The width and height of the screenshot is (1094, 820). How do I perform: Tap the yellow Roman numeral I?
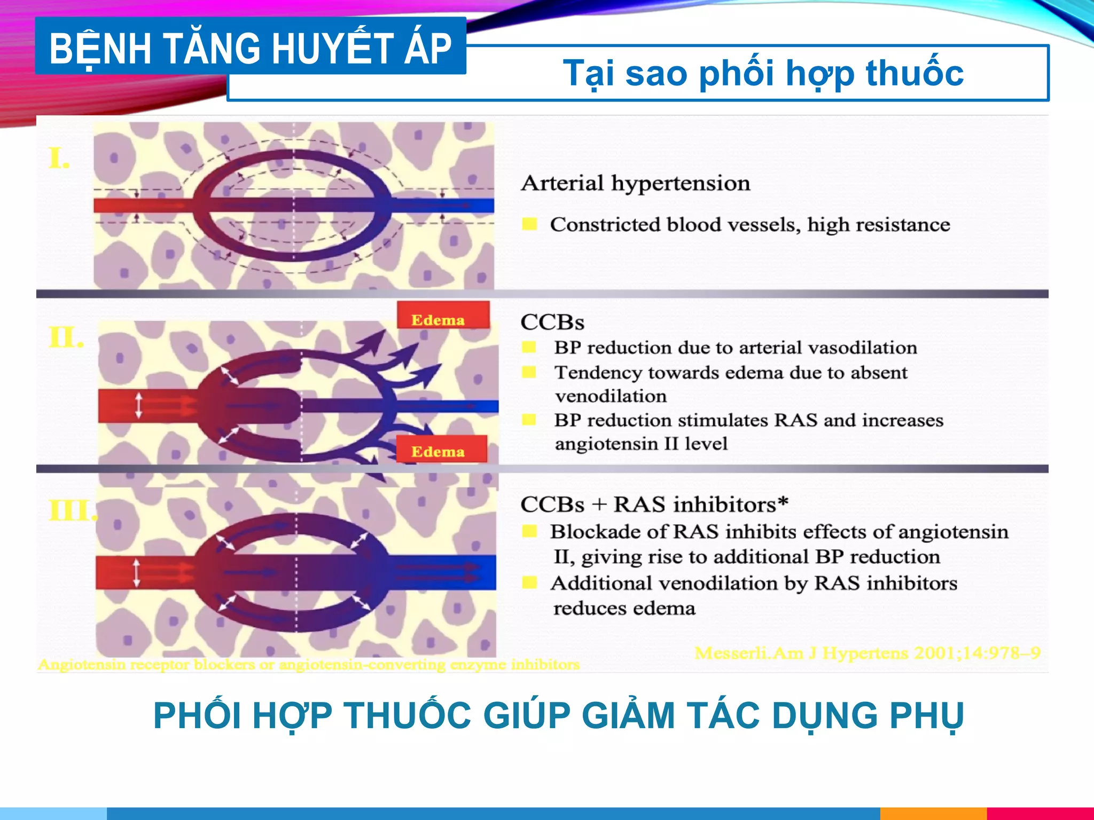tap(59, 159)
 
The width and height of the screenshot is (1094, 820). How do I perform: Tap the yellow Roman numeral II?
tap(66, 338)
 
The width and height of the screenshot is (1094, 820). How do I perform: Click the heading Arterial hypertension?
tap(636, 183)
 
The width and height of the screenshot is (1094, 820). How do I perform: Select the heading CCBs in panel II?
tap(552, 322)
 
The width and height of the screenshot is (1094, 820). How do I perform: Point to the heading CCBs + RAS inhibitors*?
tap(654, 504)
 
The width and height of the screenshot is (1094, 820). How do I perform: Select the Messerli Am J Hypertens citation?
tap(867, 653)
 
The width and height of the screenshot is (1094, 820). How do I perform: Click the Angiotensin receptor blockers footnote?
tap(309, 665)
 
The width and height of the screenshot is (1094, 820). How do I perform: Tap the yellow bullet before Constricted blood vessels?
tap(529, 224)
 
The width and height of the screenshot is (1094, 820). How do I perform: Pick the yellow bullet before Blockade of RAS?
tap(529, 531)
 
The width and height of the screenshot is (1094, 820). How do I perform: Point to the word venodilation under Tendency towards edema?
tap(611, 396)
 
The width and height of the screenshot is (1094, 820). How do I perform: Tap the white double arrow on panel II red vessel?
tap(139, 405)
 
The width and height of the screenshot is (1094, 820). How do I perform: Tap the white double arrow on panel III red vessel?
tap(137, 572)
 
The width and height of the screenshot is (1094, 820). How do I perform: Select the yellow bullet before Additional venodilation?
tap(529, 582)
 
